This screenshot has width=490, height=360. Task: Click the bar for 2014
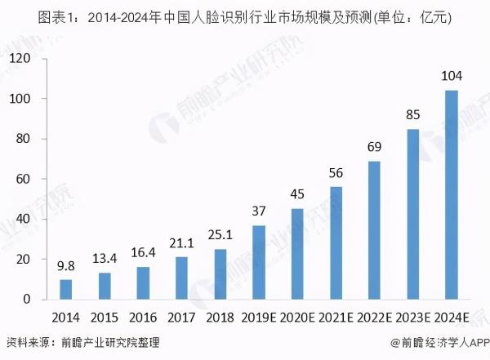pos(66,289)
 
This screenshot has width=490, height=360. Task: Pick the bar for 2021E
pos(336,242)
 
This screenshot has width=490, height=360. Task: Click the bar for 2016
pos(143,282)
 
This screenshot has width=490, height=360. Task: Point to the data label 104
pos(452,77)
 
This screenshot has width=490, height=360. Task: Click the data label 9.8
pos(66,266)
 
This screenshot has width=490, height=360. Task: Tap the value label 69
pos(374,148)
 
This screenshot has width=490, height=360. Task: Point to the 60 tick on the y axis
pos(23,179)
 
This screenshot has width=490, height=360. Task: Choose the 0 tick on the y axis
pos(26,300)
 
